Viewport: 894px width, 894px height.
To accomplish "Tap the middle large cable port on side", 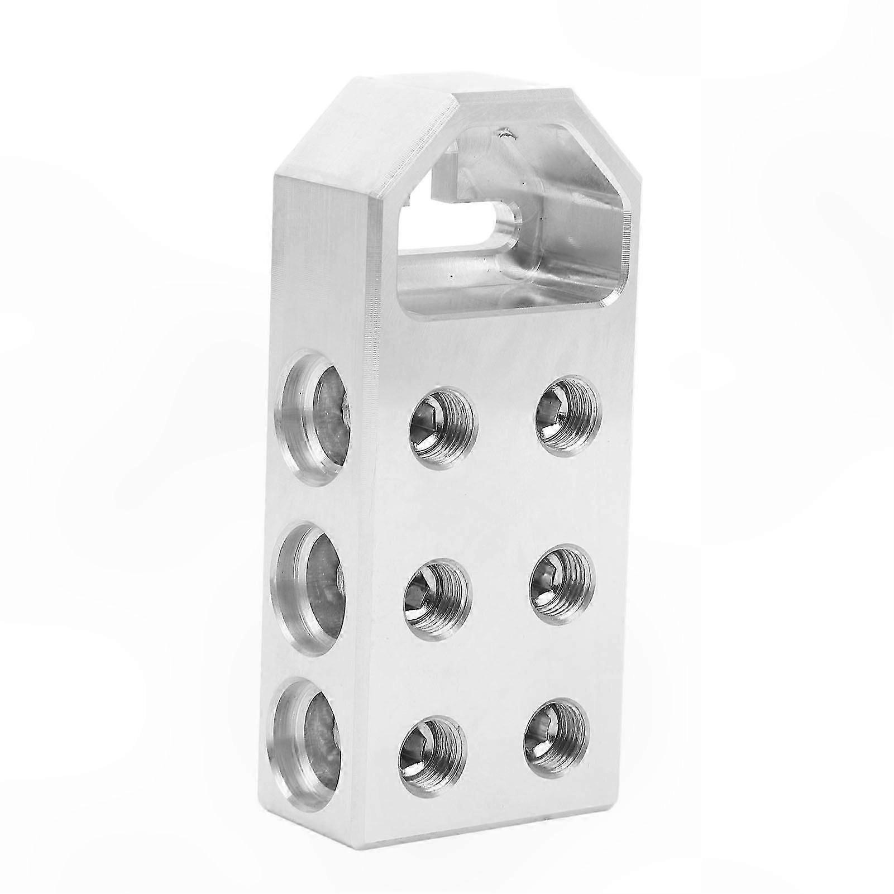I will pyautogui.click(x=308, y=584).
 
